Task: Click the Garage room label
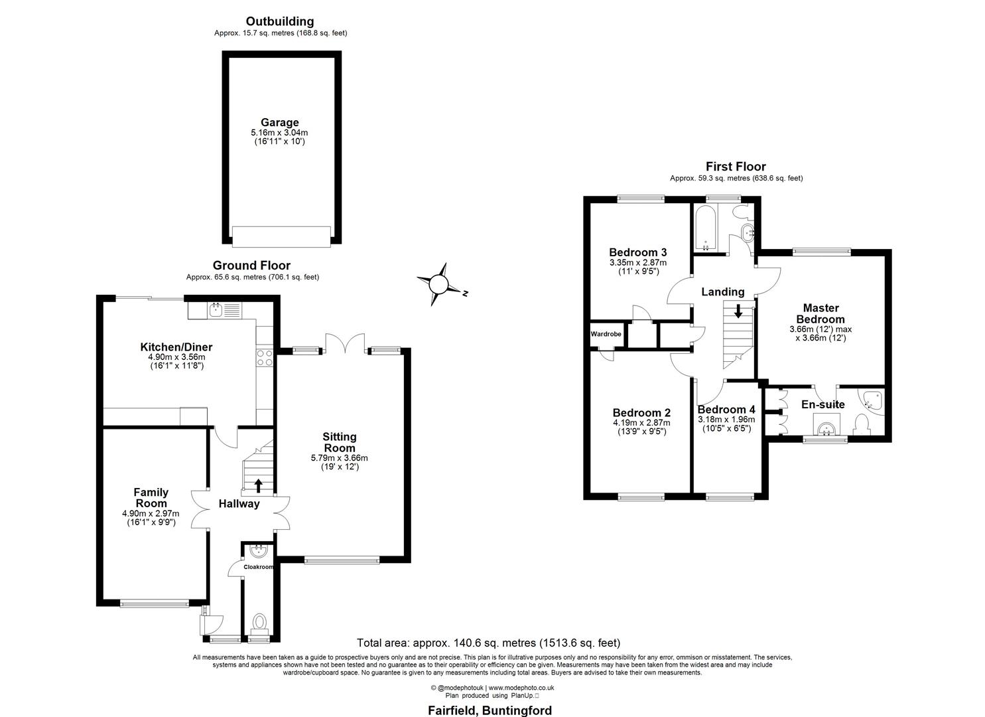[x=279, y=123]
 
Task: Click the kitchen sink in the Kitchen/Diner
[x=216, y=309]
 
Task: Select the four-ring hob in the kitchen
[x=265, y=357]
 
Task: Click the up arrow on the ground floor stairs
[x=258, y=485]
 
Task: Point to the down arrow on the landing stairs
[x=738, y=311]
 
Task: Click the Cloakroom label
[x=258, y=567]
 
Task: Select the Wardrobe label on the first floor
[x=606, y=334]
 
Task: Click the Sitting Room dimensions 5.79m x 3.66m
[x=339, y=457]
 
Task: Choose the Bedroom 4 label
[x=726, y=410]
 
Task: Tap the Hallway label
[x=239, y=504]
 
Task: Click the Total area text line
[x=488, y=643]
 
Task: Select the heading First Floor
[x=736, y=167]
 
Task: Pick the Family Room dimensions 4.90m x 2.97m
[x=151, y=513]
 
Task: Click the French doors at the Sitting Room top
[x=345, y=341]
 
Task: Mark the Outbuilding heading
[x=280, y=22]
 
